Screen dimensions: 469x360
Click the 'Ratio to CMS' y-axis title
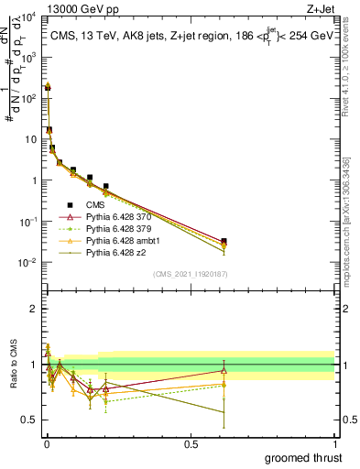[12, 378]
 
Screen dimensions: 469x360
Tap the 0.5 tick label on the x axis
[191, 442]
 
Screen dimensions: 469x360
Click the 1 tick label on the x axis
[333, 442]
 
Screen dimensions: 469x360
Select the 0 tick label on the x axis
[47, 442]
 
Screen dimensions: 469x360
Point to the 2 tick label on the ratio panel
[33, 309]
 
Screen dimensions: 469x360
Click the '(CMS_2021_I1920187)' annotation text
[191, 274]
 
